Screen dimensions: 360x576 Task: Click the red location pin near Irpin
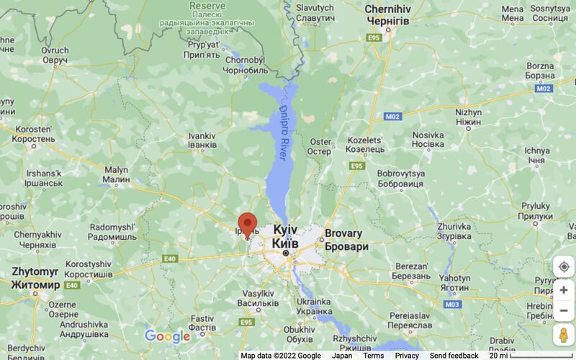pyautogui.click(x=247, y=223)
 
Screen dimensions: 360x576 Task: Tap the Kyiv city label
pyautogui.click(x=285, y=236)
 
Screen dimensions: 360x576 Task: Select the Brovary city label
pyautogui.click(x=346, y=240)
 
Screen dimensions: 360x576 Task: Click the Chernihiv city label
pyautogui.click(x=387, y=15)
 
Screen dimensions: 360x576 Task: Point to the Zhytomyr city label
pyautogui.click(x=35, y=278)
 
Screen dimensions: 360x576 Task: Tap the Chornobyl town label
pyautogui.click(x=245, y=66)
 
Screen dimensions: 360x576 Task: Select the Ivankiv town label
pyautogui.click(x=202, y=140)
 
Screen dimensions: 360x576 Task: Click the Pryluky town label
pyautogui.click(x=534, y=210)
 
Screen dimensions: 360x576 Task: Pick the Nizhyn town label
pyautogui.click(x=468, y=117)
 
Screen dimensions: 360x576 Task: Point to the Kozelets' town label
pyautogui.click(x=365, y=144)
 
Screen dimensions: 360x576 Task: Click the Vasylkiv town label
pyautogui.click(x=258, y=298)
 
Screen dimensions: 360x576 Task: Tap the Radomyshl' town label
pyautogui.click(x=112, y=232)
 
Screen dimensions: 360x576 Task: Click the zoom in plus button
pyautogui.click(x=564, y=290)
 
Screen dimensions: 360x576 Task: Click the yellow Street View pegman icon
pyautogui.click(x=564, y=336)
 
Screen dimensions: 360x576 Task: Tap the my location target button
pyautogui.click(x=564, y=266)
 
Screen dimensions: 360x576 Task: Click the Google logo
pyautogui.click(x=167, y=336)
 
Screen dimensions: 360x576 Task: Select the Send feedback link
pyautogui.click(x=454, y=356)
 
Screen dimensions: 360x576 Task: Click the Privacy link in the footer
pyautogui.click(x=407, y=356)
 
